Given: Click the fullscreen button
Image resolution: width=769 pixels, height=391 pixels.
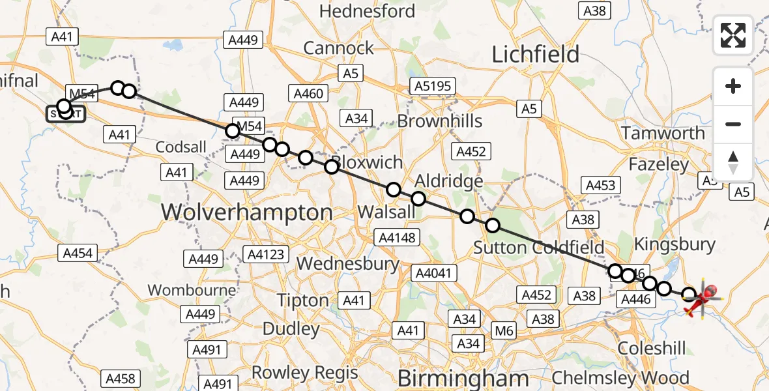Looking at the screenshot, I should (x=733, y=35).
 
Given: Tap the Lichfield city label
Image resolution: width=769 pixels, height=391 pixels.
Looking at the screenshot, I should (x=535, y=54).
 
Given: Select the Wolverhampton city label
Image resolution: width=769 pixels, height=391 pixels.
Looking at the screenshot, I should (x=246, y=212).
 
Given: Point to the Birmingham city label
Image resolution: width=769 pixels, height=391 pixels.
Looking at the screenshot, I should (x=463, y=378).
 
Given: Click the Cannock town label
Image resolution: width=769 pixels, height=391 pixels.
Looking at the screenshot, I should (x=339, y=48).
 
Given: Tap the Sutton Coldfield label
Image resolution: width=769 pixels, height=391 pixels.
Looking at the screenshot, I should (x=538, y=248).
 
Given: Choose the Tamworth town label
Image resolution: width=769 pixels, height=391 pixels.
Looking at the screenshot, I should (x=663, y=133).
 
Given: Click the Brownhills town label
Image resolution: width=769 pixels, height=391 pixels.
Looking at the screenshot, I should (x=440, y=121).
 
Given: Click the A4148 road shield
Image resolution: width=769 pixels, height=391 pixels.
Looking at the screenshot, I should (x=396, y=237).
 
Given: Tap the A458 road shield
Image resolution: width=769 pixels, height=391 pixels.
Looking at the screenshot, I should (x=121, y=379).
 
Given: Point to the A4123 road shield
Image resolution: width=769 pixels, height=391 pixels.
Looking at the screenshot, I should (x=265, y=253).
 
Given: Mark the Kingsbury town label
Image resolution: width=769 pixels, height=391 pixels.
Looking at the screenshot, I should (x=675, y=245).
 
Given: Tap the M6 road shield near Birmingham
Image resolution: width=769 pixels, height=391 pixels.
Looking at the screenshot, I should (x=504, y=331).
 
